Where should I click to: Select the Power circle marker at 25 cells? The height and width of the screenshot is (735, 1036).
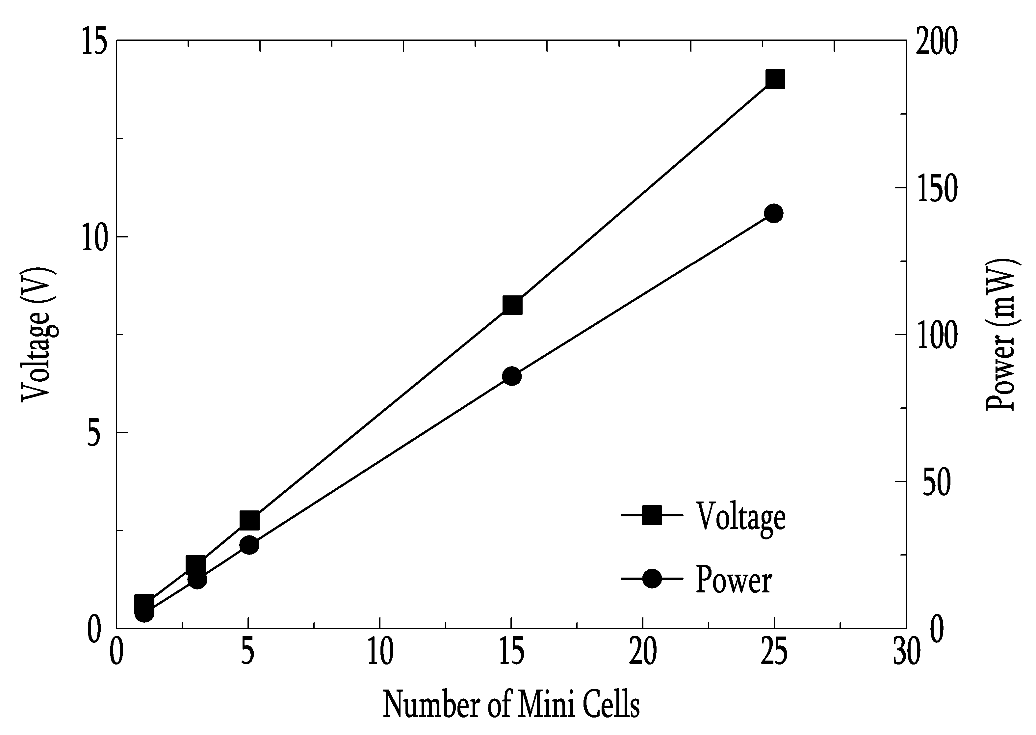point(774,214)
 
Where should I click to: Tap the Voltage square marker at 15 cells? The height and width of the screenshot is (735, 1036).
point(512,306)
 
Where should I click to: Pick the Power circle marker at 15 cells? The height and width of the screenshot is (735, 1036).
point(512,376)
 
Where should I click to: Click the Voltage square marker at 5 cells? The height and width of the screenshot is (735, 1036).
point(249,521)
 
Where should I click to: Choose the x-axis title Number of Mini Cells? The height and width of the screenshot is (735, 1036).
point(511,705)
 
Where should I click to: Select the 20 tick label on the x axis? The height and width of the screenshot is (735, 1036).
point(643,653)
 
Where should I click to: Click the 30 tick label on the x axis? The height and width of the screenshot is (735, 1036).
point(907,653)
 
